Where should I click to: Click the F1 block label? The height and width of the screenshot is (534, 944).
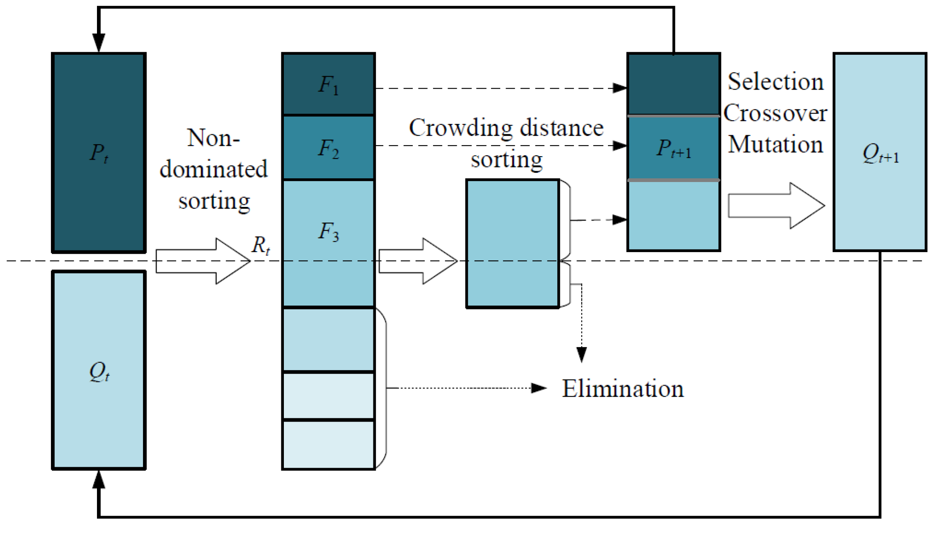(329, 85)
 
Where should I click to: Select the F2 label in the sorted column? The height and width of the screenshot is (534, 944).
(329, 148)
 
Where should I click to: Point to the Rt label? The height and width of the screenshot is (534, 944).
(261, 245)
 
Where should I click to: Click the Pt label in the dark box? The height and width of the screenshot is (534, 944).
(99, 153)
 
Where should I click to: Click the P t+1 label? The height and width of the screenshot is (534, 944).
(673, 149)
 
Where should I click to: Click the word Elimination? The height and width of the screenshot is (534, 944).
(622, 389)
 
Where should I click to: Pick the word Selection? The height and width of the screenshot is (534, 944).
(776, 82)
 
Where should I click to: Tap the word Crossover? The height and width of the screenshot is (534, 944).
(775, 113)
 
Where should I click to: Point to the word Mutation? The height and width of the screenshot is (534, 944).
(775, 145)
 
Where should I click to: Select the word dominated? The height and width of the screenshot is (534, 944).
(214, 169)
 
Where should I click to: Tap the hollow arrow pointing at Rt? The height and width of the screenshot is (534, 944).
(203, 261)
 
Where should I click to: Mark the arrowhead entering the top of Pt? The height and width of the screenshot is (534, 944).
(99, 43)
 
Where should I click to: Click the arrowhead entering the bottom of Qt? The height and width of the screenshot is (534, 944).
(99, 480)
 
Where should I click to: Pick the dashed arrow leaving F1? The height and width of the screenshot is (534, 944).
(497, 88)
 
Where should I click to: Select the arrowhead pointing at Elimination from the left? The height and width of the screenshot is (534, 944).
(539, 388)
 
